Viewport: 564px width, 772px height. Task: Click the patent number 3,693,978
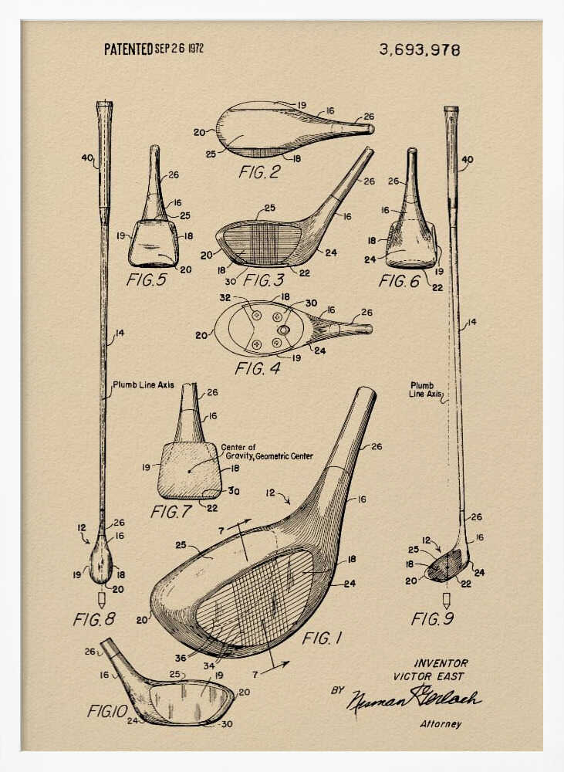click(419, 50)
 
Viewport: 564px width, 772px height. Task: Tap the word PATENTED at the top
click(128, 49)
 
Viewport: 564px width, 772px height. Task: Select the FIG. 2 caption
click(259, 171)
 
